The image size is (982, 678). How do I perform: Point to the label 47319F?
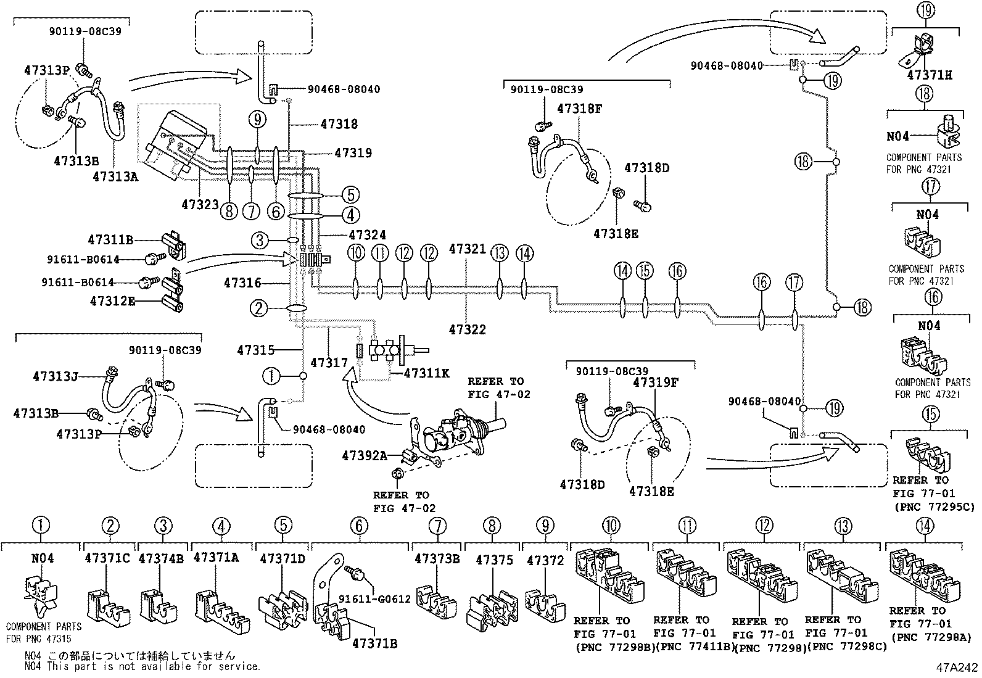point(655,382)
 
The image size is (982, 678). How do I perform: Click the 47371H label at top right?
point(929,75)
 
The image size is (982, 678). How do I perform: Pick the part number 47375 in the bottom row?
point(495,560)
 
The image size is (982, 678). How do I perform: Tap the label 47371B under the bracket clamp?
point(374,643)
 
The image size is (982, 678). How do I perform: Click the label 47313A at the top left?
point(115,176)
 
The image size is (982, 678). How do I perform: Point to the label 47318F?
point(579,108)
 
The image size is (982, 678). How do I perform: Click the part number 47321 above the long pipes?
point(467,249)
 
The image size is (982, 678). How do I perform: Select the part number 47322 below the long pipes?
point(467,329)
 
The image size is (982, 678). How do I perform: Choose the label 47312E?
point(113,301)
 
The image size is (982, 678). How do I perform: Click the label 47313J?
point(56,376)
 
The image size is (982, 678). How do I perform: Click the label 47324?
point(367,234)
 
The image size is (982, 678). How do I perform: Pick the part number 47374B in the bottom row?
point(161,559)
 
